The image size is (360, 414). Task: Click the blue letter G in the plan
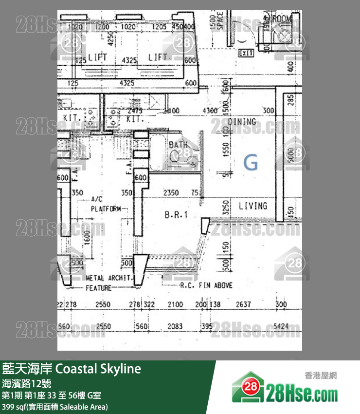[251, 162]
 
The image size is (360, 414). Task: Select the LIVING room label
[253, 206]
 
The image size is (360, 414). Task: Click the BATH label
[178, 145]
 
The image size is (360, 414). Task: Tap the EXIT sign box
[246, 53]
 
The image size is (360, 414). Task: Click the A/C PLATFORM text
[105, 204]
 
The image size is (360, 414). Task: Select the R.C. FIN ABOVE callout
[206, 285]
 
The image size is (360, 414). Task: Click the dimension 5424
[281, 326]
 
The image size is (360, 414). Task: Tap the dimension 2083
[175, 326]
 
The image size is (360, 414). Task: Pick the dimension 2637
[243, 304]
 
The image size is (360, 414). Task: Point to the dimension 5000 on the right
[291, 155]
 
